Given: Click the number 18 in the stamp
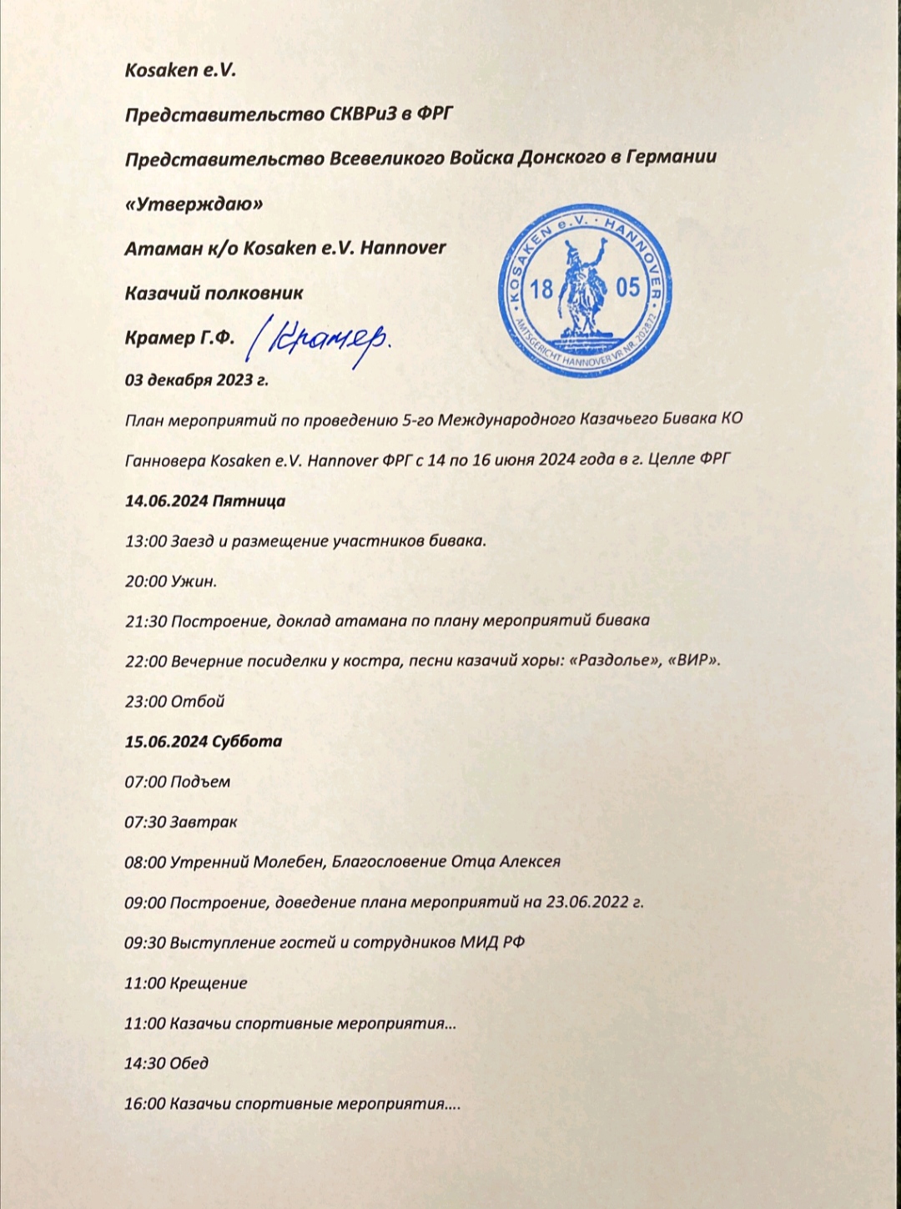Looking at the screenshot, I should pyautogui.click(x=541, y=290).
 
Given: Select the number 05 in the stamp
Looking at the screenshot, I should pyautogui.click(x=627, y=288).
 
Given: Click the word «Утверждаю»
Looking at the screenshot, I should pyautogui.click(x=194, y=204).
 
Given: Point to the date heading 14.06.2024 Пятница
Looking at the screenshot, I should pyautogui.click(x=204, y=501).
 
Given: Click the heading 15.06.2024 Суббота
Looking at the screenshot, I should pyautogui.click(x=203, y=741).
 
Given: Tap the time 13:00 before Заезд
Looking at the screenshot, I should pyautogui.click(x=145, y=541).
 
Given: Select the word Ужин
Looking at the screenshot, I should pyautogui.click(x=194, y=582).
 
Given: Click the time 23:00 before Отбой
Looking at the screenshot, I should pyautogui.click(x=145, y=702).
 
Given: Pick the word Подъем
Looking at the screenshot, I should pyautogui.click(x=200, y=782).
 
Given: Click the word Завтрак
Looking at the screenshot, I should pyautogui.click(x=204, y=822).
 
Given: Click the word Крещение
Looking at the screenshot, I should pyautogui.click(x=209, y=983).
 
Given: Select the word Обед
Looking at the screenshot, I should pyautogui.click(x=189, y=1063).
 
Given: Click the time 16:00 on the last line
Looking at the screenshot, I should pyautogui.click(x=144, y=1104).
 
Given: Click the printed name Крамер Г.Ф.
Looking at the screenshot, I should pyautogui.click(x=179, y=338).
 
